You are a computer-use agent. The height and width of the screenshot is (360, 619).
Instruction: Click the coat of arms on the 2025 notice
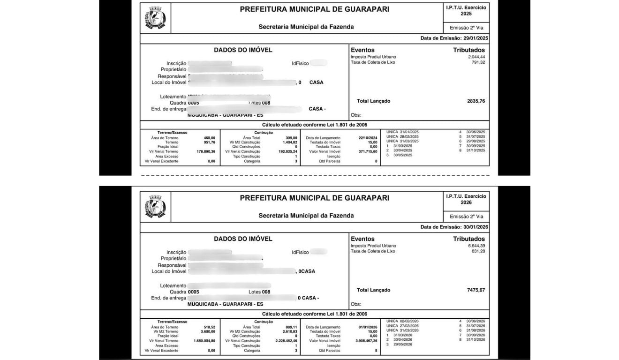pyautogui.click(x=155, y=18)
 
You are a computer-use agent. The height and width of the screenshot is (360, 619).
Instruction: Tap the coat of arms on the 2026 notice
pyautogui.click(x=155, y=207)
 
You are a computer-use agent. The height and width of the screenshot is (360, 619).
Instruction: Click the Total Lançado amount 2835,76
pyautogui.click(x=476, y=101)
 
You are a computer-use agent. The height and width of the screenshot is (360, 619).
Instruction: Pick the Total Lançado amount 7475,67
pyautogui.click(x=476, y=290)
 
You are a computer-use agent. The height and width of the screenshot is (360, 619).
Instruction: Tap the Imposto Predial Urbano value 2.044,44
pyautogui.click(x=476, y=57)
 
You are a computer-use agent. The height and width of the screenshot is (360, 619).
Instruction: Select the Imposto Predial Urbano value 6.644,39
pyautogui.click(x=476, y=246)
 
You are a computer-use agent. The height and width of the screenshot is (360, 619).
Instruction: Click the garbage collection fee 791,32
pyautogui.click(x=478, y=62)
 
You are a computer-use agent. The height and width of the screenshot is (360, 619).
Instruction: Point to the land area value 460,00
pyautogui.click(x=209, y=138)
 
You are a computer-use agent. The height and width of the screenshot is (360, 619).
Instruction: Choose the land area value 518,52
pyautogui.click(x=209, y=327)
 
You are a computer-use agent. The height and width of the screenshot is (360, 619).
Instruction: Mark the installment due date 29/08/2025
pyautogui.click(x=476, y=141)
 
